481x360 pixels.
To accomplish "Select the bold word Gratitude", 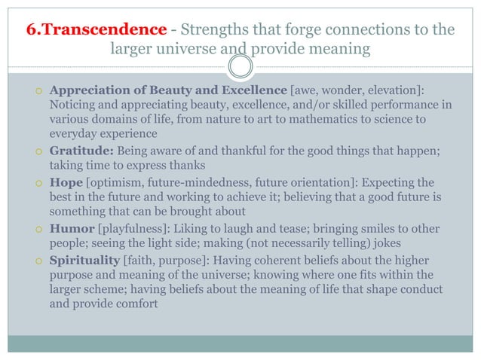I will tap(80, 150).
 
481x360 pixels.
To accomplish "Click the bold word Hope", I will tap(65, 182).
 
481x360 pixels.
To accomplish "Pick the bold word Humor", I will tap(71, 229).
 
